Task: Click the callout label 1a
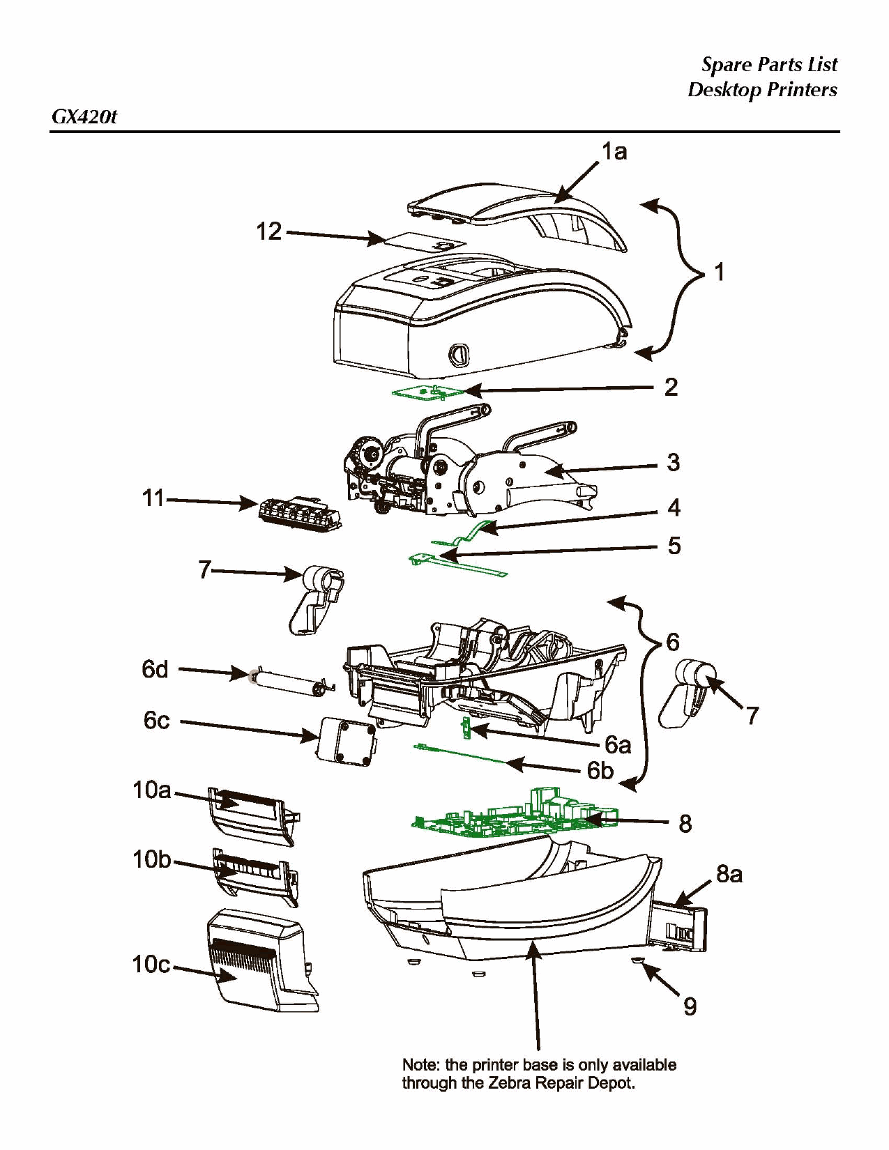pyautogui.click(x=614, y=151)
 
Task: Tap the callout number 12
pyautogui.click(x=268, y=231)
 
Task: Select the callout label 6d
pyautogui.click(x=155, y=669)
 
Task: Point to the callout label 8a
pyautogui.click(x=729, y=874)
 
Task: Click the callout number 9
pyautogui.click(x=690, y=1006)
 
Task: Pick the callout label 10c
pyautogui.click(x=151, y=964)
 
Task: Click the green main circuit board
pyautogui.click(x=516, y=817)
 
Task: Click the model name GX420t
pyautogui.click(x=84, y=116)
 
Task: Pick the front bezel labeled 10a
pyautogui.click(x=251, y=815)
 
